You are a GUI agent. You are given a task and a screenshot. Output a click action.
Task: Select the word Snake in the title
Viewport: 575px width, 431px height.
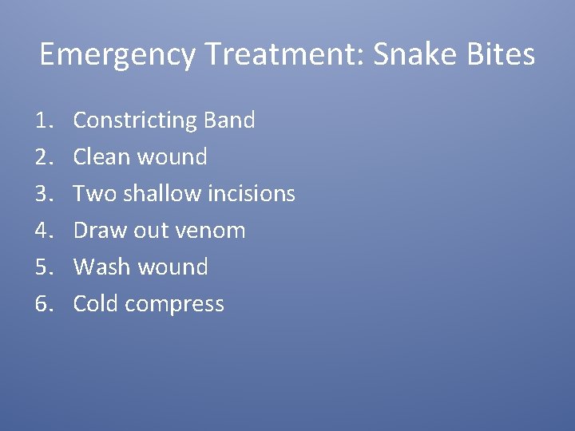[x=420, y=55]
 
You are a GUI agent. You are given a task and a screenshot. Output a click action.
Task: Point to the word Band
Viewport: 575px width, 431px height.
[x=230, y=121]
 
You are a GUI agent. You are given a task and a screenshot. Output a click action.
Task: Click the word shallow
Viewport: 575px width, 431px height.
[x=163, y=194]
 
